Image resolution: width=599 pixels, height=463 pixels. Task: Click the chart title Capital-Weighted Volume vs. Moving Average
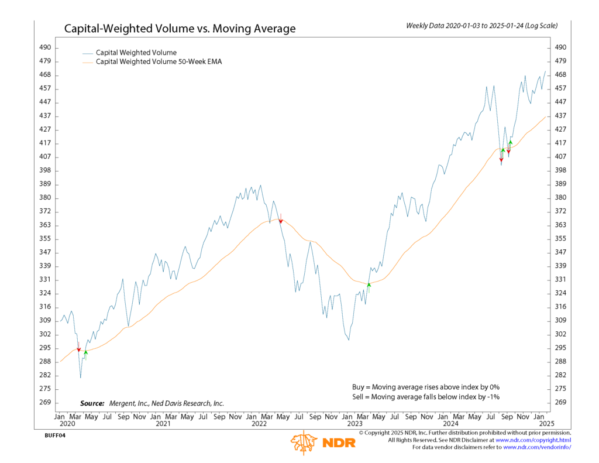coord(180,29)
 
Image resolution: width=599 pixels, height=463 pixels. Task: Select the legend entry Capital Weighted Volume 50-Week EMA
coord(159,62)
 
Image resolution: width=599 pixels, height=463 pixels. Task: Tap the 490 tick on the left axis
coord(45,47)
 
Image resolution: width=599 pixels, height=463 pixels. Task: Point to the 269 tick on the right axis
coord(560,403)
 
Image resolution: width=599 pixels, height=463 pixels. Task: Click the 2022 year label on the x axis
coord(260,423)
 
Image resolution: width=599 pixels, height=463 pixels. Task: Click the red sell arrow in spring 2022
coord(281,220)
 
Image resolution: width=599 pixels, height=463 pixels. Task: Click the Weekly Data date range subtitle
coord(481,26)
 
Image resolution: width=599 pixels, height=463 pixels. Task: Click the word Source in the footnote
coord(92,403)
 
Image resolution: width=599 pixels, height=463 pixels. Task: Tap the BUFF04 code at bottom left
coord(54,436)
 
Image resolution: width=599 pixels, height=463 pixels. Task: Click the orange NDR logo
coord(322,442)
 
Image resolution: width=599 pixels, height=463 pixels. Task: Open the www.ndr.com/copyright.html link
coord(533,440)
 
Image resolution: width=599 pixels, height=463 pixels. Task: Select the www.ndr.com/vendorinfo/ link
coord(536,447)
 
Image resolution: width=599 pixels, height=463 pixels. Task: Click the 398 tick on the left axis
coord(45,170)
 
